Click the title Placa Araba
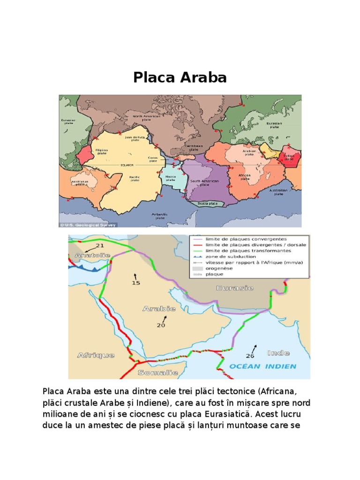coord(180,77)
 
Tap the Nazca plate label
coord(171,178)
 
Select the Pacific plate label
coord(135,178)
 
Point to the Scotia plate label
coord(204,203)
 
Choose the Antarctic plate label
coord(159,216)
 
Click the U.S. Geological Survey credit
coord(89,225)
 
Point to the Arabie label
coord(159,308)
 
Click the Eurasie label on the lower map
coord(235,288)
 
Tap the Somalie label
coord(158,373)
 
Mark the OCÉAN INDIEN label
coord(263,366)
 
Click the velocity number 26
coord(250,356)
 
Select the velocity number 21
coord(99,246)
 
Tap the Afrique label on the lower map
coord(96,355)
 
